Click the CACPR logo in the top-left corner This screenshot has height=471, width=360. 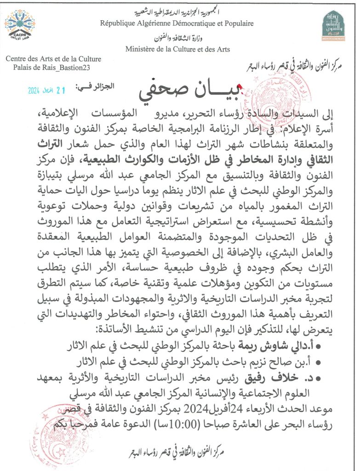click(x=20, y=25)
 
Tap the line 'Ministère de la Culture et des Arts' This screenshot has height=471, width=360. click(x=177, y=49)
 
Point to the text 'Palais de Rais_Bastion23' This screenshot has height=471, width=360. click(x=52, y=68)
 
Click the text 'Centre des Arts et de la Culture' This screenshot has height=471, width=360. click(x=53, y=59)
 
